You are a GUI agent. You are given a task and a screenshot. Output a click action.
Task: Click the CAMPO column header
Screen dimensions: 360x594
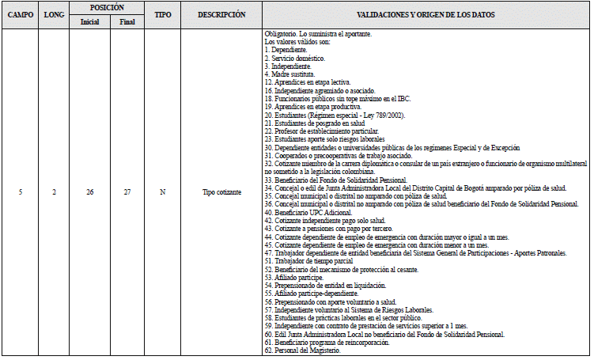click(x=18, y=14)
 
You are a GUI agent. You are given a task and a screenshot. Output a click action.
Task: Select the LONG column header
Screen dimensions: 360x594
click(x=55, y=14)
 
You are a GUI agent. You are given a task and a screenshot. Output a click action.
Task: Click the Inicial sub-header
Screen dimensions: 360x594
click(x=89, y=21)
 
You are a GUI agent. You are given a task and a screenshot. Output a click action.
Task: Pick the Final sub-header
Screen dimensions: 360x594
click(x=127, y=21)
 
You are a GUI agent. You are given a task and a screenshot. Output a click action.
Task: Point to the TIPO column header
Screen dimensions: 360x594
click(x=163, y=14)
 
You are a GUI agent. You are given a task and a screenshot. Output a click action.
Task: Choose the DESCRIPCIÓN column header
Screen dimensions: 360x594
click(x=221, y=14)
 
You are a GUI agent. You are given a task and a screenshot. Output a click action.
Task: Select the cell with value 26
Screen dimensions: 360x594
click(x=89, y=191)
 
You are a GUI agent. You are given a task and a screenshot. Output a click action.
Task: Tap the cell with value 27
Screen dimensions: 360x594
click(x=127, y=191)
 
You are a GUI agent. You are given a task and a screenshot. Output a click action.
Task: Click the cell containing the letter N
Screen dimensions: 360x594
click(x=163, y=191)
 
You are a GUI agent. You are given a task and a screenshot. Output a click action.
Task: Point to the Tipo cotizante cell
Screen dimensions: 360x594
click(x=221, y=191)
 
